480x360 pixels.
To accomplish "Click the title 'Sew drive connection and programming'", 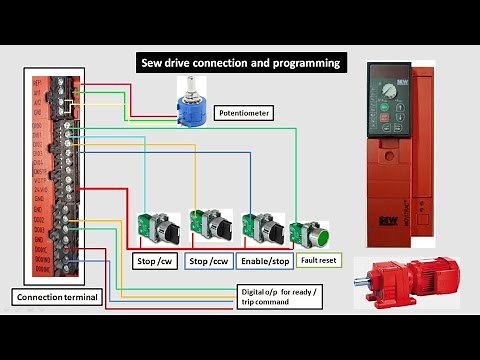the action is [x=241, y=63].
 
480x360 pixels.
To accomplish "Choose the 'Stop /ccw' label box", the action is [x=210, y=262].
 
